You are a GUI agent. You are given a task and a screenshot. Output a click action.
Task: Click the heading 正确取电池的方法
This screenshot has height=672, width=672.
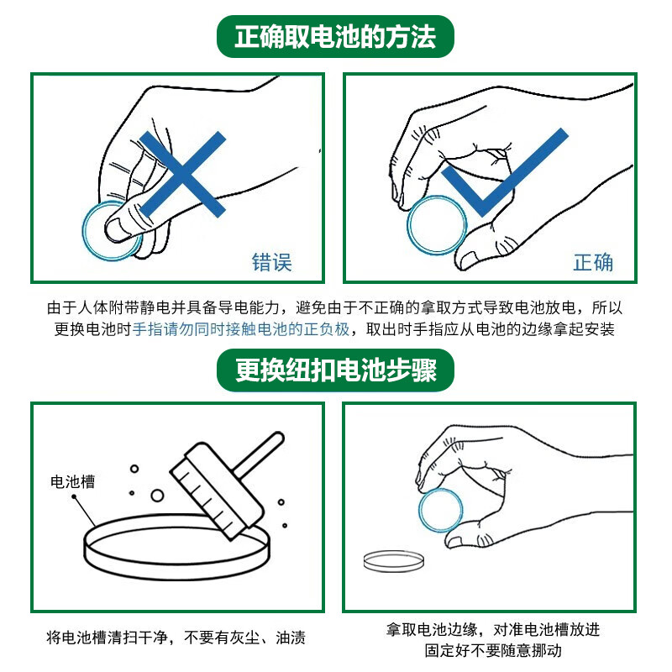pyautogui.click(x=335, y=37)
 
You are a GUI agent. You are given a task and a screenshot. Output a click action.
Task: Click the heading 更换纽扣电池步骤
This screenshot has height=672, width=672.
pyautogui.click(x=335, y=370)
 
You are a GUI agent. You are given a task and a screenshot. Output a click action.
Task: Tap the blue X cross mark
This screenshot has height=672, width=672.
pyautogui.click(x=182, y=174)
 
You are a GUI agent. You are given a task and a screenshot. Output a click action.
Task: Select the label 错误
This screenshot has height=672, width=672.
pyautogui.click(x=271, y=262)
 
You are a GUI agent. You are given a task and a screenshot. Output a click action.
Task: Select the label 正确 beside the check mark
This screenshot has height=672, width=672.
pyautogui.click(x=593, y=262)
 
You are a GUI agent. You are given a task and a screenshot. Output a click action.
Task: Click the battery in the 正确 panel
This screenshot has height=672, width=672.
pyautogui.click(x=437, y=225)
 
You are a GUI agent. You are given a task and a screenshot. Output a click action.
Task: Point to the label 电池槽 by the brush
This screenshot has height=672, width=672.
pyautogui.click(x=72, y=481)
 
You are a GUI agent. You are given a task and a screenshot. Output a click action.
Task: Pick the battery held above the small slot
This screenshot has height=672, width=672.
pyautogui.click(x=440, y=510)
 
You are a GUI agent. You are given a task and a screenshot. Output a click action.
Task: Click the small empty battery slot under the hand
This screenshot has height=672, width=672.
pyautogui.click(x=394, y=561)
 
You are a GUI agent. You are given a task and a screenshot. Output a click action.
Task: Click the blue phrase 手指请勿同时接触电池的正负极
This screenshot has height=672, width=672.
pyautogui.click(x=241, y=329)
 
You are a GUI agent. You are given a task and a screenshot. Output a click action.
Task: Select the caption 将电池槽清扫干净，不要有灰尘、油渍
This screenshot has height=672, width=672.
pyautogui.click(x=176, y=638)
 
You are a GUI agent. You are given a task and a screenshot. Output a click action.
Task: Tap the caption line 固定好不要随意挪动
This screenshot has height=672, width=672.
pyautogui.click(x=493, y=650)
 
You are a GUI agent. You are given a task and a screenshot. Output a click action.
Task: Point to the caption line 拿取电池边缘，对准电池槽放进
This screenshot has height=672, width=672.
pyautogui.click(x=493, y=629)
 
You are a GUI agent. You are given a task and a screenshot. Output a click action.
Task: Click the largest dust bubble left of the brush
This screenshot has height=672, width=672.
pyautogui.click(x=157, y=496)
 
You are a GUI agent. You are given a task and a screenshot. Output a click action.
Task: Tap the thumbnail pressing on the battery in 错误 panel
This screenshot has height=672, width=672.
pyautogui.click(x=117, y=228)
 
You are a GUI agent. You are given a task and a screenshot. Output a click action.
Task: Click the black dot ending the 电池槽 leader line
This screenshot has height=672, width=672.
pyautogui.click(x=74, y=496)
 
